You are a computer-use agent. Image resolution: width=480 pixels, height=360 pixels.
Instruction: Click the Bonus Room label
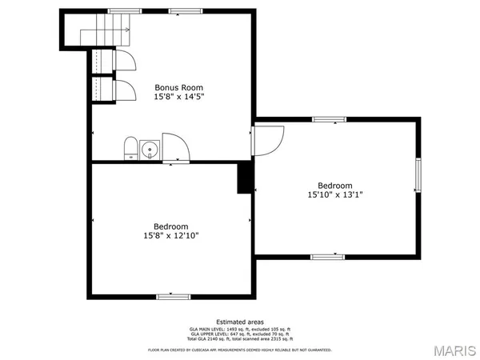point(178,87)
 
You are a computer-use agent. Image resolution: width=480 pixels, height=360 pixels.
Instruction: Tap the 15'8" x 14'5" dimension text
point(178,97)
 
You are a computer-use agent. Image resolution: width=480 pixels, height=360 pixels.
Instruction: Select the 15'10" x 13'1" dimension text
point(334,194)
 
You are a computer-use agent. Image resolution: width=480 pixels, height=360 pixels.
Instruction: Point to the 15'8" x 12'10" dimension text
point(171,235)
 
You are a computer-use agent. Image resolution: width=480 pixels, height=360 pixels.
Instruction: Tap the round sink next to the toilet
point(150,150)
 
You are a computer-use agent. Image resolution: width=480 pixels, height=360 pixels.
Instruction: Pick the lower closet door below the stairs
point(125,88)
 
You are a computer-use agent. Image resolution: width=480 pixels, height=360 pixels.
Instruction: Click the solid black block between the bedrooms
point(246,178)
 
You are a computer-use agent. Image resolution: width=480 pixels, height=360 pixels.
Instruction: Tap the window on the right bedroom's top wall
point(328,119)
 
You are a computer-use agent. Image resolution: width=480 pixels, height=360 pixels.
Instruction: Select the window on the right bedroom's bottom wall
point(326,257)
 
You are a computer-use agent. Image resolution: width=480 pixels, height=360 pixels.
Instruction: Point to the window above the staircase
point(120,10)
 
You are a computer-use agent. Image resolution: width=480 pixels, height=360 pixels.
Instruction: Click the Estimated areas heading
point(240,322)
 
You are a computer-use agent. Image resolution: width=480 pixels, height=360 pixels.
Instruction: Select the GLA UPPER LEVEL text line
point(240,334)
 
